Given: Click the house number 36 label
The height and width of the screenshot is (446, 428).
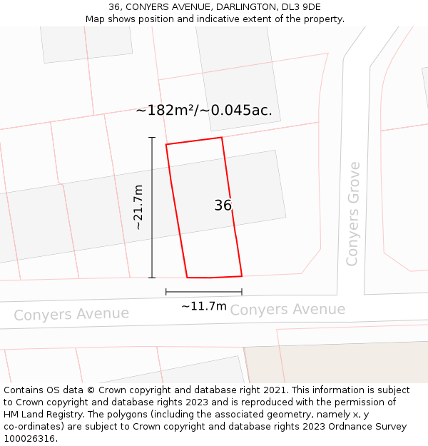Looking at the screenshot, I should (x=223, y=206).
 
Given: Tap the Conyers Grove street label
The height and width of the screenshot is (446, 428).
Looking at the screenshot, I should (x=353, y=214).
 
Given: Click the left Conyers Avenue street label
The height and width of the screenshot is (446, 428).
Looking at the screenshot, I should (x=71, y=314).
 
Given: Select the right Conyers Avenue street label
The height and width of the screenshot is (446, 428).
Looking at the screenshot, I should (x=287, y=310).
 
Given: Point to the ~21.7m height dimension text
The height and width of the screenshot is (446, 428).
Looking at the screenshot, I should (x=138, y=207).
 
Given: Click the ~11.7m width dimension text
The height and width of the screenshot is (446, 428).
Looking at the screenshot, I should (x=204, y=306).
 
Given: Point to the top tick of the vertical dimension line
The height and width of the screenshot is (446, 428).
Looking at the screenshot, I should (x=152, y=137).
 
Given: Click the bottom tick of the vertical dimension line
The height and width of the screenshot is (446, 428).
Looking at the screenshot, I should (x=152, y=278).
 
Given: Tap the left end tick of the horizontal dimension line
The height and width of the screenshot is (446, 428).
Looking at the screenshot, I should (x=166, y=292).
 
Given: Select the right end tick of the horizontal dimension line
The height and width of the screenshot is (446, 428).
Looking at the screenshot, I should (x=242, y=292).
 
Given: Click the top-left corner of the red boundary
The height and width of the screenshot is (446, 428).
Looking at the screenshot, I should (x=166, y=145).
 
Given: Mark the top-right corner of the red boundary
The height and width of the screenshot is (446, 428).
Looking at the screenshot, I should (x=221, y=137).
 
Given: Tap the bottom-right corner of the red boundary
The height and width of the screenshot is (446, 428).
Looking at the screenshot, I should (x=242, y=275).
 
